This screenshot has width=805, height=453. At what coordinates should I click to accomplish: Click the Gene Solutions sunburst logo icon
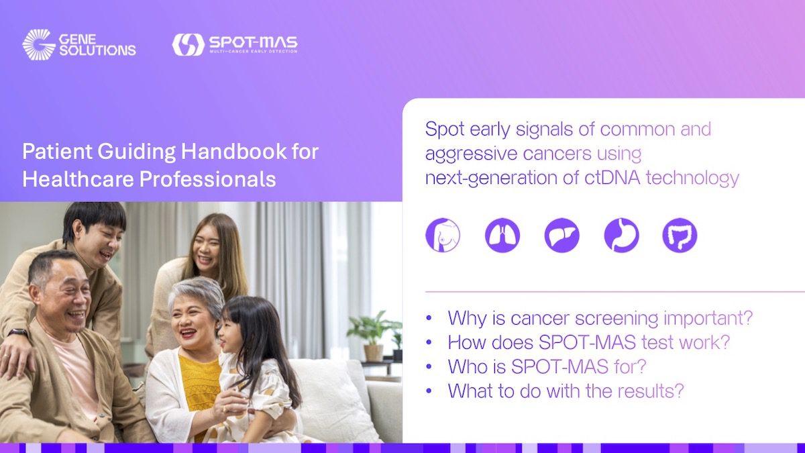pyautogui.click(x=39, y=44)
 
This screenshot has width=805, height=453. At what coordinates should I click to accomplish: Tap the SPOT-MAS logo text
pyautogui.click(x=253, y=42)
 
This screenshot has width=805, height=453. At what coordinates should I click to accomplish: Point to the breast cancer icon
pyautogui.click(x=443, y=236)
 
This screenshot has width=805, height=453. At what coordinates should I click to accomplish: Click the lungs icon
pyautogui.click(x=502, y=236)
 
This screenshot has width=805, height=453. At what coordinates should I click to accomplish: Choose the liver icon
pyautogui.click(x=561, y=236)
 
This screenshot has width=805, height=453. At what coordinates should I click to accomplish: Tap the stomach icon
pyautogui.click(x=621, y=236)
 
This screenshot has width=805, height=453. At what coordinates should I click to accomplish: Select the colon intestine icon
pyautogui.click(x=680, y=236)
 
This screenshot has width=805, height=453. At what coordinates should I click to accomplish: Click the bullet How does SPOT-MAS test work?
pyautogui.click(x=588, y=342)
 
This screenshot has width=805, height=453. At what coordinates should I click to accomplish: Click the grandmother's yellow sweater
pyautogui.click(x=199, y=383)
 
